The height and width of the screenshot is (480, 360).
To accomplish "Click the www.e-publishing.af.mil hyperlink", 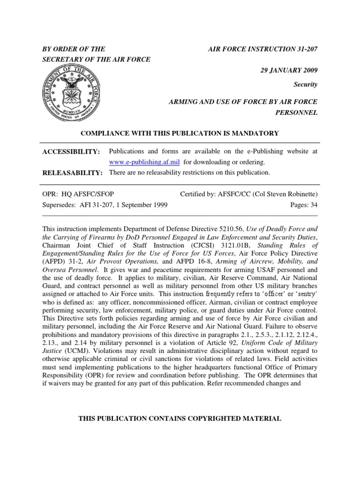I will pyautogui.click(x=145, y=162).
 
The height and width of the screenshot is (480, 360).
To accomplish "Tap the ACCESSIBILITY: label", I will pyautogui.click(x=71, y=152).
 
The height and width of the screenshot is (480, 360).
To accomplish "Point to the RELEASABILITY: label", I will pyautogui.click(x=73, y=172).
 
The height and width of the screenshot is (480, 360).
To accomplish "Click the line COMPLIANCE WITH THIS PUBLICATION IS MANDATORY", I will pyautogui.click(x=180, y=134).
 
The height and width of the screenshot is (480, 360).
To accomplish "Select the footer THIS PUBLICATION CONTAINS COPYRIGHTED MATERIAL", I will pyautogui.click(x=180, y=419).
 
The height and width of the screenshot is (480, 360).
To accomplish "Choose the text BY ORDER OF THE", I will pyautogui.click(x=74, y=49).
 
